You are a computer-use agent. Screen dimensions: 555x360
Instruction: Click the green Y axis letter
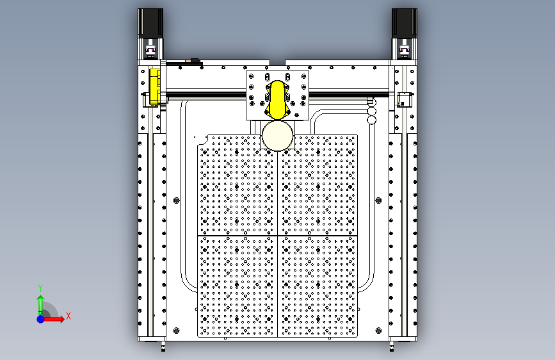[40, 288]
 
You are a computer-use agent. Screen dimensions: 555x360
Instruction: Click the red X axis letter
[68, 316]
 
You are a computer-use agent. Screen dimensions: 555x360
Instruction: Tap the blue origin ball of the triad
[40, 318]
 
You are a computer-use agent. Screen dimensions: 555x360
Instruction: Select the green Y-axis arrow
[40, 302]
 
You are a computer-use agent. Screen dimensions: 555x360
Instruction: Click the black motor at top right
[404, 23]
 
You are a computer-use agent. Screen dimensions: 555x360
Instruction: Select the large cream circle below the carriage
[277, 136]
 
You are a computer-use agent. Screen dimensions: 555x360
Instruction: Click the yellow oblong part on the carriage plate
[278, 99]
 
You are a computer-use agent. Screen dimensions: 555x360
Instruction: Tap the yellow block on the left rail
[154, 86]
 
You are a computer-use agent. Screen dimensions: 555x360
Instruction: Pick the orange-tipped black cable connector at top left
[191, 61]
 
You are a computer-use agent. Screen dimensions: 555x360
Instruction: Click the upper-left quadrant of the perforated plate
[237, 186]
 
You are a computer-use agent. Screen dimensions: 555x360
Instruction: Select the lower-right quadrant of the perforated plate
[318, 286]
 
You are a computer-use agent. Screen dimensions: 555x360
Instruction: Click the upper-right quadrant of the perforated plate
[318, 186]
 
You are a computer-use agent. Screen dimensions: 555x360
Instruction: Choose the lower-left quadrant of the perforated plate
[237, 286]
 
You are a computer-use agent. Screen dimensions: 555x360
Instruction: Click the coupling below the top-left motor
[151, 49]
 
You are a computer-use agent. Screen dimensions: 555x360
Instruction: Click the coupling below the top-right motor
[404, 49]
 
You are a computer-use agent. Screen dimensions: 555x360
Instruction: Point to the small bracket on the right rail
[404, 99]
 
